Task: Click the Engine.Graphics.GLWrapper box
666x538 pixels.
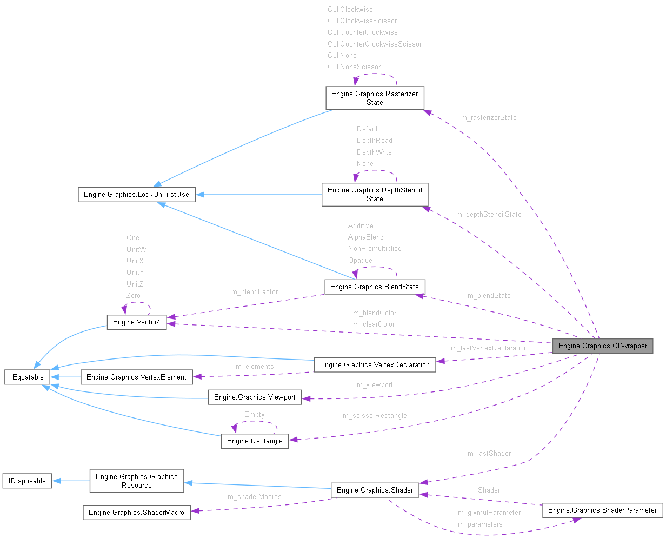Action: [602, 346]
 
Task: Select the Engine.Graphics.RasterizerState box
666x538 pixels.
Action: [375, 98]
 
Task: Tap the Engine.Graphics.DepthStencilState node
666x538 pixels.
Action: [375, 195]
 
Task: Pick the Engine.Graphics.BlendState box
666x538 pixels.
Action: [375, 287]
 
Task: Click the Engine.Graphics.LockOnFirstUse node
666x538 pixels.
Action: [136, 194]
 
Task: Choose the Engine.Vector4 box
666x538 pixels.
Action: [137, 322]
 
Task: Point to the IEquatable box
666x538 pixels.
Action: [27, 377]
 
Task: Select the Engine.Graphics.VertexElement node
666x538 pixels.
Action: [136, 377]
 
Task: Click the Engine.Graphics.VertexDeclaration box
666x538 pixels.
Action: [375, 364]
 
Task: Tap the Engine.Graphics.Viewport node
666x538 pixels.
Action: [255, 397]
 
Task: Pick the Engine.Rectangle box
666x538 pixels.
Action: [255, 441]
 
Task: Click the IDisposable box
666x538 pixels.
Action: [27, 481]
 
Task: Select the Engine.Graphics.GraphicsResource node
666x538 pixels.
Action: [136, 481]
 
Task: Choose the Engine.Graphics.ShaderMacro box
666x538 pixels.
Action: [136, 512]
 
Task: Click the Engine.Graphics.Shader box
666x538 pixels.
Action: [375, 490]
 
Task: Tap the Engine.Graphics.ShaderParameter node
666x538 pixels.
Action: [602, 510]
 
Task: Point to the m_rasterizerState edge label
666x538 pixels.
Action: [488, 117]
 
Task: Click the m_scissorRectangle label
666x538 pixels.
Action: [375, 415]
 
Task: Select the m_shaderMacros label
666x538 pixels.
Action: [254, 496]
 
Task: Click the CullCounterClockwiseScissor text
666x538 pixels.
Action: [375, 44]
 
